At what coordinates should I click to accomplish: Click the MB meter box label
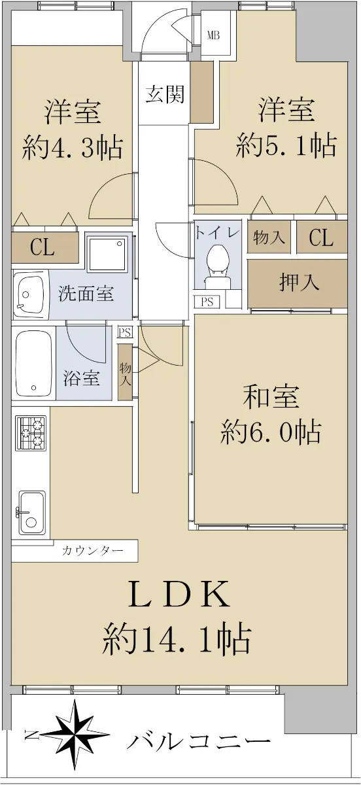point(213,35)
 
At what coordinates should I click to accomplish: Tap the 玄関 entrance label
point(165,94)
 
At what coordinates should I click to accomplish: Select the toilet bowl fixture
point(218,267)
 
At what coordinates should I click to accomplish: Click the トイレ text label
point(218,234)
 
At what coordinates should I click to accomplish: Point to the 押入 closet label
point(299,283)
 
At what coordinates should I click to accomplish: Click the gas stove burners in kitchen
point(31,434)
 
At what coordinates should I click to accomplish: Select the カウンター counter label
point(92,551)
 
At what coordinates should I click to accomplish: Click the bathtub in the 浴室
point(33,363)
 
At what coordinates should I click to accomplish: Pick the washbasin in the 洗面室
point(30,294)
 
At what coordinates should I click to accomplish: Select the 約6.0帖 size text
point(271,432)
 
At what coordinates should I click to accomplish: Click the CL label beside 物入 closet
point(321,237)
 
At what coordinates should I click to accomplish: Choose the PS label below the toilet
point(207,302)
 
